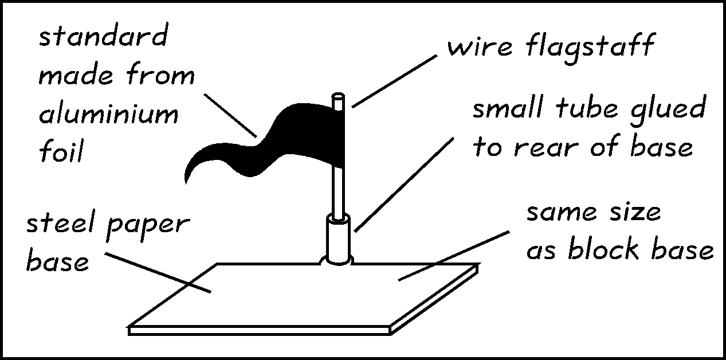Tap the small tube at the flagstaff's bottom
coord(338,238)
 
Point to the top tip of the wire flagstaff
coord(339,96)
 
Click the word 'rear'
coord(543,148)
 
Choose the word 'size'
coord(630,212)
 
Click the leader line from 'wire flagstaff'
coord(395,80)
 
